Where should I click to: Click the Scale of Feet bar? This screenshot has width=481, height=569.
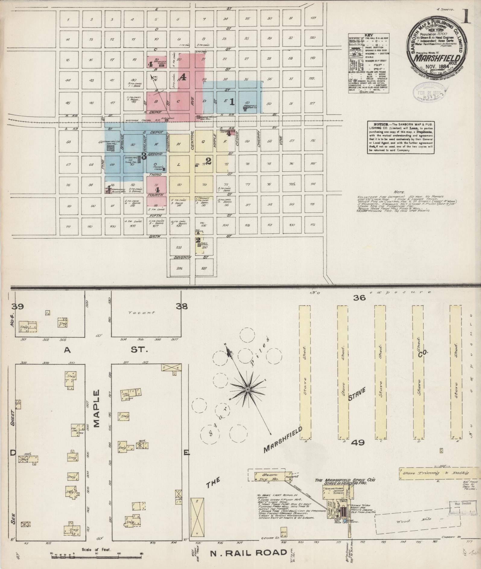(x=96, y=554)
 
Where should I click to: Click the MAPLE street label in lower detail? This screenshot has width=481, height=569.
(x=97, y=408)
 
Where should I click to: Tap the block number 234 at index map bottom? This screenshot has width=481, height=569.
(x=179, y=268)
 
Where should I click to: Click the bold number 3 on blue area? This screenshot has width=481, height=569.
(x=144, y=156)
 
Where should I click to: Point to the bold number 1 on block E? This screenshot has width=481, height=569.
(x=232, y=102)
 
